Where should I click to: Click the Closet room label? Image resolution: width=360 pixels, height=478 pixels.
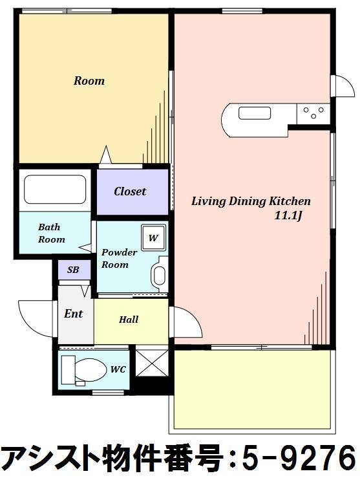tap(130, 191)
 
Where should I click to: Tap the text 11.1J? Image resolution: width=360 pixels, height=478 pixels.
tap(288, 216)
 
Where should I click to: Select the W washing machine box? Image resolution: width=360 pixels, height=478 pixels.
tap(154, 237)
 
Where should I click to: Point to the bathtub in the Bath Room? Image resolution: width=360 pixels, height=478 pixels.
tap(55, 190)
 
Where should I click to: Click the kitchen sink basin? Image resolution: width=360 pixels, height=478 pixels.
tap(255, 113)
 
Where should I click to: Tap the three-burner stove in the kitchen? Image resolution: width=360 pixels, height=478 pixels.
tap(313, 113)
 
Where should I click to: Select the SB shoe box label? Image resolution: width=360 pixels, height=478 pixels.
tap(73, 270)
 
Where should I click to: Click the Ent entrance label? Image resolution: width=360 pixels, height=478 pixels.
tap(73, 314)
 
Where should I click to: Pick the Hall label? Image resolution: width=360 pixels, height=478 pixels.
tap(129, 320)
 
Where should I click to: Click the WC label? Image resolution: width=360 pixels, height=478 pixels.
tap(118, 369)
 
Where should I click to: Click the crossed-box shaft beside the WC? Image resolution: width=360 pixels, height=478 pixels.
tap(152, 363)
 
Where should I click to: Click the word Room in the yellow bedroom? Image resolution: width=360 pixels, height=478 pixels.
tap(89, 81)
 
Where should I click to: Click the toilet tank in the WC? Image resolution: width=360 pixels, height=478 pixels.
tap(69, 369)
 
